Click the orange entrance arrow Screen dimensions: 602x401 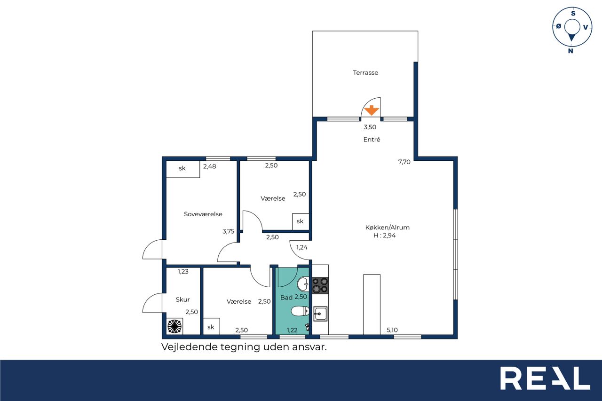click(372, 110)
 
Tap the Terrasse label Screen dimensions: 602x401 click(365, 72)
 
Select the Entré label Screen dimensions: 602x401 click(372, 140)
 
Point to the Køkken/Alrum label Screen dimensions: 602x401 click(387, 227)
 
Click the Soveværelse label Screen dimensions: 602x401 click(203, 214)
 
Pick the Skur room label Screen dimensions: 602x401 click(183, 299)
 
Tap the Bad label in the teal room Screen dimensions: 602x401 click(286, 298)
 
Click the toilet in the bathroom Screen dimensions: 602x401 click(300, 312)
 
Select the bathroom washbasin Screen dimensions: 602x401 click(303, 284)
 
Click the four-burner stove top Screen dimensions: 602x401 click(320, 285)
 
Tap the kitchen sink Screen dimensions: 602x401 click(320, 314)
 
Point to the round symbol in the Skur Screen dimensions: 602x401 click(174, 326)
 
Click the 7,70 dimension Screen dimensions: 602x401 click(404, 162)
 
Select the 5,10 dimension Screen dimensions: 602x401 click(392, 330)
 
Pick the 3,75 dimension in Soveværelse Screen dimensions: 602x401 click(229, 231)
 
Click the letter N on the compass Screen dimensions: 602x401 click(570, 51)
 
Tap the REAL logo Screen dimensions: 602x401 click(545, 378)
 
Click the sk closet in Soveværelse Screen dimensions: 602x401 click(183, 169)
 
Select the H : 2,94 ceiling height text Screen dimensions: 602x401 click(385, 236)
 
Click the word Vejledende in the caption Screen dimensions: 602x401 click(189, 347)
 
